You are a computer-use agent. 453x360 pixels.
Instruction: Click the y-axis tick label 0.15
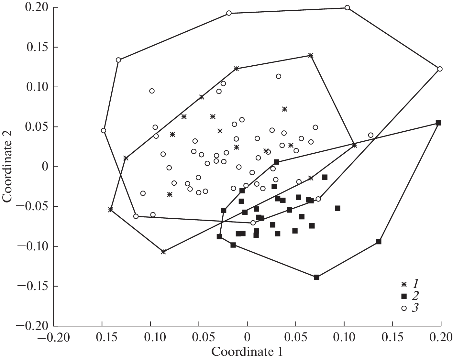point(36,47)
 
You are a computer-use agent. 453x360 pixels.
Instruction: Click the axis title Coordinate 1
point(247,352)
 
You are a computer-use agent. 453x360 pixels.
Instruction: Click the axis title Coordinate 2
point(8,167)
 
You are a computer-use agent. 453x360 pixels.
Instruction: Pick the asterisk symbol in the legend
point(404,285)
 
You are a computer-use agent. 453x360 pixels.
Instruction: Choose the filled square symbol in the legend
point(404,296)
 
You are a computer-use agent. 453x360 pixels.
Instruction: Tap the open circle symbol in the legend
point(404,308)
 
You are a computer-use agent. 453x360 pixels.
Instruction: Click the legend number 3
point(415,308)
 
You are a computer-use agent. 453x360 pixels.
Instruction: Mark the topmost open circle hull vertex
point(347,7)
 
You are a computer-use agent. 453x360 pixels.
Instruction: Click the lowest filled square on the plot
point(316,277)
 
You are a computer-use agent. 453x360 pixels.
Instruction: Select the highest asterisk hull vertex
point(311,55)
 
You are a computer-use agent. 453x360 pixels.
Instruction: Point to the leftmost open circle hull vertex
point(104,131)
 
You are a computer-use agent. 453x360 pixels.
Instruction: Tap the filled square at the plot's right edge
point(438,123)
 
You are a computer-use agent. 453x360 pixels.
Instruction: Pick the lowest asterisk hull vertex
point(163,252)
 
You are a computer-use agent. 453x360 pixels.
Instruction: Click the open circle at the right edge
point(440,69)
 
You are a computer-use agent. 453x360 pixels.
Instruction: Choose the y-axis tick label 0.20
point(36,7)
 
